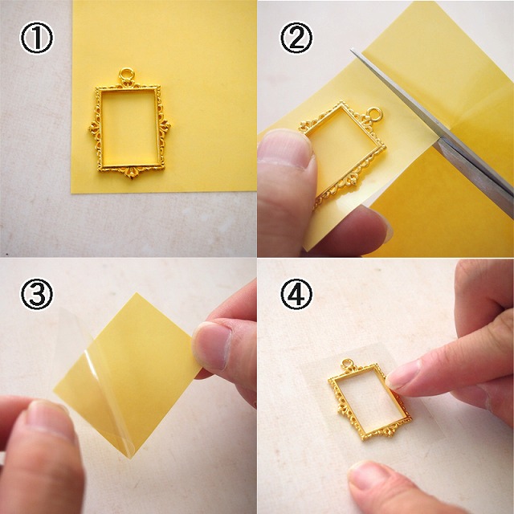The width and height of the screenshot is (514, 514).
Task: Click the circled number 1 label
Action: [36, 38]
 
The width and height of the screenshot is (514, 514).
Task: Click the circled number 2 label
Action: [296, 38]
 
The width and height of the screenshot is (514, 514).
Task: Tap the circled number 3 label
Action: [36, 294]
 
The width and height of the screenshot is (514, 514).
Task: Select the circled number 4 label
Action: [296, 294]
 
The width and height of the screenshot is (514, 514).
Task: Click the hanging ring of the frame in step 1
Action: [126, 75]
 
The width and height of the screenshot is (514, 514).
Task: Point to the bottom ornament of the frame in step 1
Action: [132, 173]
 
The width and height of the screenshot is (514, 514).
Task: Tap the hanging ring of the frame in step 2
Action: [374, 115]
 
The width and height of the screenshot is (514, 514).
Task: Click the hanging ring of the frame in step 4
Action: [348, 364]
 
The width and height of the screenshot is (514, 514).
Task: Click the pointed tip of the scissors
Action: [353, 50]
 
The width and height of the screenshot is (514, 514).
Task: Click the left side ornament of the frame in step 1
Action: [94, 127]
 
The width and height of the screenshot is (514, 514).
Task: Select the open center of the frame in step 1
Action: [130, 127]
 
